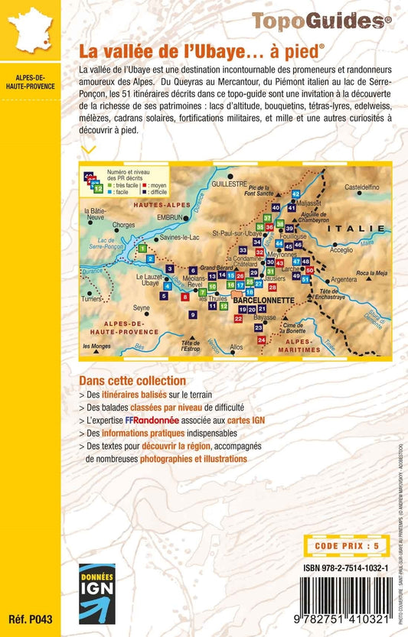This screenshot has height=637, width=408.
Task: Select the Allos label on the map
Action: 236,346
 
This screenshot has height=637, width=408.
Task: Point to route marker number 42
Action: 295,194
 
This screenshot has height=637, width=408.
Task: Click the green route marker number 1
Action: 142,249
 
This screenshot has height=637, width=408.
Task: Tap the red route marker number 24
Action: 261,339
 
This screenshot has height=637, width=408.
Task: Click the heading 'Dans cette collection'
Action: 132,380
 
